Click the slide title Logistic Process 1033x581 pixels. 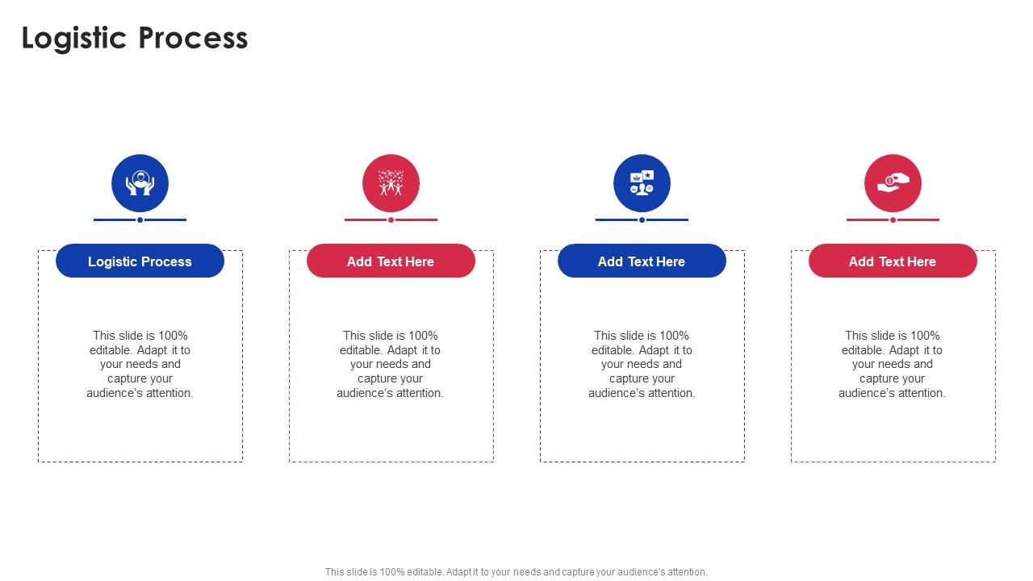135,38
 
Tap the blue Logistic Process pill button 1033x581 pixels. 140,261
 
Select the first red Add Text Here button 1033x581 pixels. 391,261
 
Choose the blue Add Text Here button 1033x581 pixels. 642,261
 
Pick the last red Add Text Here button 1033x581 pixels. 893,261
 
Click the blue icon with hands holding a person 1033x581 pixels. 140,183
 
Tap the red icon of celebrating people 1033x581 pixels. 391,183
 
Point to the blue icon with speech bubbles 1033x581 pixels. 642,183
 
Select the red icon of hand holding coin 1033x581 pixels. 893,183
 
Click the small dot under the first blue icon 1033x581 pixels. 140,219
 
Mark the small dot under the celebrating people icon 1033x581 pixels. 391,219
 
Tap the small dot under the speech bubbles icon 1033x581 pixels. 642,219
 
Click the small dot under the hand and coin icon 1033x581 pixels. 893,219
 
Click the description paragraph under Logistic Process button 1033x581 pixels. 140,364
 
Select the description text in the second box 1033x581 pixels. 391,364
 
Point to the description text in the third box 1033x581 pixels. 642,364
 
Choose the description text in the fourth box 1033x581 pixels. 893,364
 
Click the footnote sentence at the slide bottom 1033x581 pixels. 516,572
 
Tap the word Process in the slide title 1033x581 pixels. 193,38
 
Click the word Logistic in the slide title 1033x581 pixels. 75,38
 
